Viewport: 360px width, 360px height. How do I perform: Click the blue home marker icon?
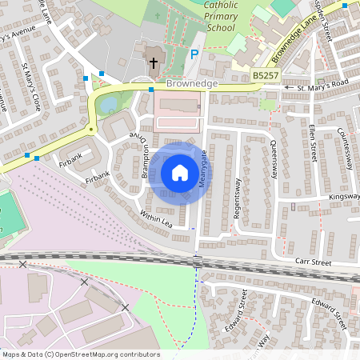click(x=180, y=172)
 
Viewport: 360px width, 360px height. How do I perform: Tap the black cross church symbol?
click(x=153, y=63)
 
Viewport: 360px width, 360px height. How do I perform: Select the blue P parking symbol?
click(x=194, y=54)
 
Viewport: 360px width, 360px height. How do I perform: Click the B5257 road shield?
click(x=266, y=75)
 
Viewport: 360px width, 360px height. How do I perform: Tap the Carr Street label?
click(x=311, y=261)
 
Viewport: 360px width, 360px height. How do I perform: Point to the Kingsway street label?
click(x=345, y=196)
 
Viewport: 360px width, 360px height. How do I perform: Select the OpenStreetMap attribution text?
click(x=81, y=354)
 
